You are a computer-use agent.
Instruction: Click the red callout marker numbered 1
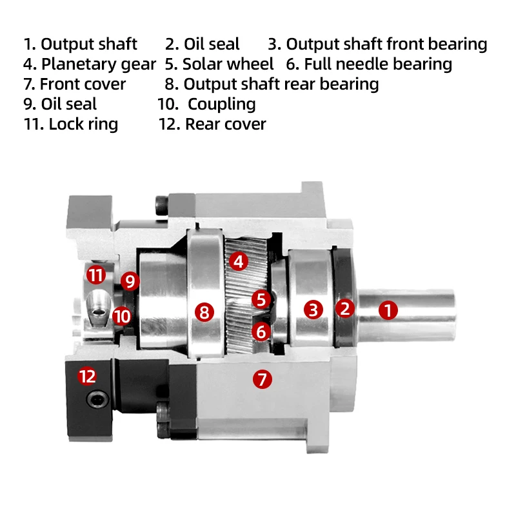(388, 310)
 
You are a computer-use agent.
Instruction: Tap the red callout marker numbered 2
(345, 308)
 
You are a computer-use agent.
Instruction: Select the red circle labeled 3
(313, 310)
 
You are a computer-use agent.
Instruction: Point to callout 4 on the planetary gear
(239, 261)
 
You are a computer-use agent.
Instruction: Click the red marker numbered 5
(261, 299)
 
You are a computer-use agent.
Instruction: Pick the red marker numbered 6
(261, 332)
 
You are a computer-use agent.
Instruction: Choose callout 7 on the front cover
(262, 379)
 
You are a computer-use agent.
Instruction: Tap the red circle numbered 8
(204, 313)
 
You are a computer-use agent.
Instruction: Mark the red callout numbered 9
(130, 281)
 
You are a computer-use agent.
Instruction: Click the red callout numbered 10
(121, 316)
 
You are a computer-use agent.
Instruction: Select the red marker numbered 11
(96, 275)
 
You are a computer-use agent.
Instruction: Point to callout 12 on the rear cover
(87, 375)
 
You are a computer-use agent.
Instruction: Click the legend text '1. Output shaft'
(81, 45)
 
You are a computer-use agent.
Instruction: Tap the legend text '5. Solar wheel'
(219, 64)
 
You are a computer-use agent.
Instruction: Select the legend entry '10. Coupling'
(206, 104)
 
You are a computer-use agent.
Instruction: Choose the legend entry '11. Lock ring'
(71, 124)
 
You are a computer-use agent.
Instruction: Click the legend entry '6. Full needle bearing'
(369, 64)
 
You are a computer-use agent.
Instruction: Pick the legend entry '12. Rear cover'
(212, 124)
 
